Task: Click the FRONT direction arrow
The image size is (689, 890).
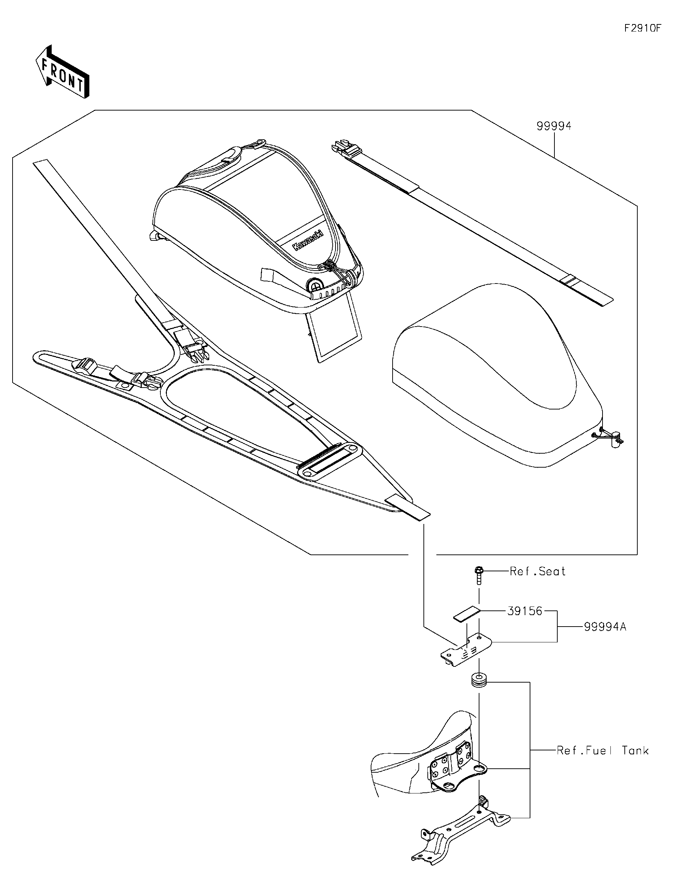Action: [62, 72]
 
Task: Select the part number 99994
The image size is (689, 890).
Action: [554, 126]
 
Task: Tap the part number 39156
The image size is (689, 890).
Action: [525, 611]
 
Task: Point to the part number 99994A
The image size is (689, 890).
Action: [605, 627]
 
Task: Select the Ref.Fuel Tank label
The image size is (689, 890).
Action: [602, 751]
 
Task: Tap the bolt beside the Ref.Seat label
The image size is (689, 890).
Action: [479, 575]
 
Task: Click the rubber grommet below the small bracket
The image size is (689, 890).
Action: [479, 680]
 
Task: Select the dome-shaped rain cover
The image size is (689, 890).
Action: [497, 375]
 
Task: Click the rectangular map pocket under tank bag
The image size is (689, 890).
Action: [334, 332]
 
